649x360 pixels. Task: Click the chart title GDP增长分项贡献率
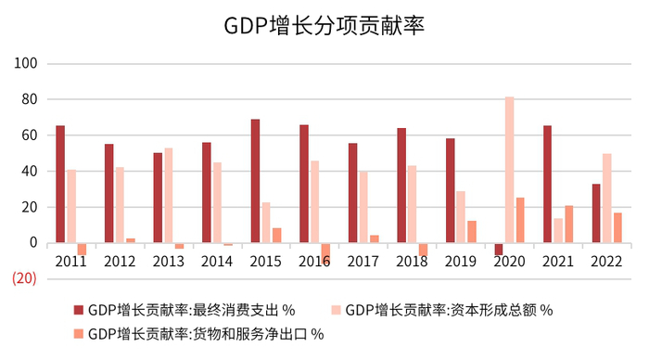pyautogui.click(x=324, y=25)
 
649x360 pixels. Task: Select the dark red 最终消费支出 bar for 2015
pyautogui.click(x=255, y=181)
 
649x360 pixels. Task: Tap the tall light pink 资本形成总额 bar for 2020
pyautogui.click(x=509, y=170)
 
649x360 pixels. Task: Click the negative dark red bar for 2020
pyautogui.click(x=498, y=250)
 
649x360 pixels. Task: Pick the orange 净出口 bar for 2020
pyautogui.click(x=520, y=221)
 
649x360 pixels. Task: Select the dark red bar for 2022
pyautogui.click(x=595, y=213)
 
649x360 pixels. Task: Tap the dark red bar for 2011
pyautogui.click(x=60, y=185)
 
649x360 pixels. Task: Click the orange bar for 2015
pyautogui.click(x=276, y=236)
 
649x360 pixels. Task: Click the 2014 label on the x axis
pyautogui.click(x=216, y=263)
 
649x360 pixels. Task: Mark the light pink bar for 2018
pyautogui.click(x=412, y=204)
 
